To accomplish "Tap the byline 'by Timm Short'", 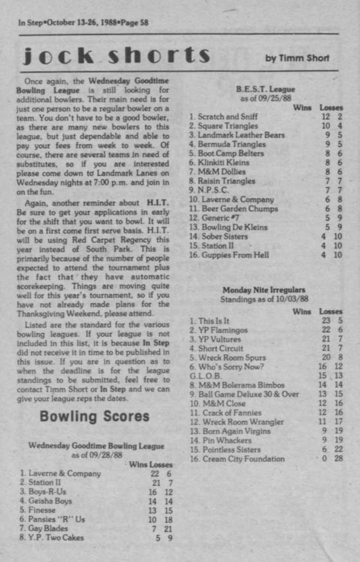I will [x=297, y=58].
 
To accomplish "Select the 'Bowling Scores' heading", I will [x=94, y=416].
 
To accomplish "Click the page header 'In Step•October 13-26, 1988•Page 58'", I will [x=83, y=22].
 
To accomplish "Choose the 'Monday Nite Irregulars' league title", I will [x=264, y=290].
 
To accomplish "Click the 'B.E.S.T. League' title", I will [x=265, y=90].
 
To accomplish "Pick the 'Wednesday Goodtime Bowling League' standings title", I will [x=96, y=446].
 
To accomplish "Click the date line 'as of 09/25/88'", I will [x=265, y=98].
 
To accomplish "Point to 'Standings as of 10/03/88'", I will [x=264, y=299].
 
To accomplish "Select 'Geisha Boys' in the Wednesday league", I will [x=50, y=501].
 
